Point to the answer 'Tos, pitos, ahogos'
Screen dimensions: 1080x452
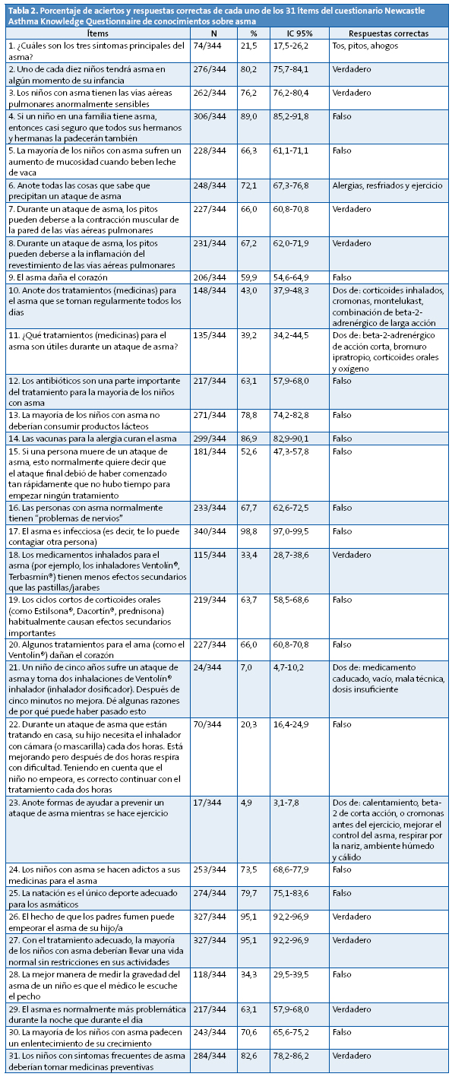click(x=365, y=46)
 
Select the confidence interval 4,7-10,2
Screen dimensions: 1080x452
click(x=299, y=667)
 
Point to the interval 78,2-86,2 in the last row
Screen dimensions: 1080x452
click(x=299, y=1057)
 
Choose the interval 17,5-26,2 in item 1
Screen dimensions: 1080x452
click(x=299, y=46)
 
